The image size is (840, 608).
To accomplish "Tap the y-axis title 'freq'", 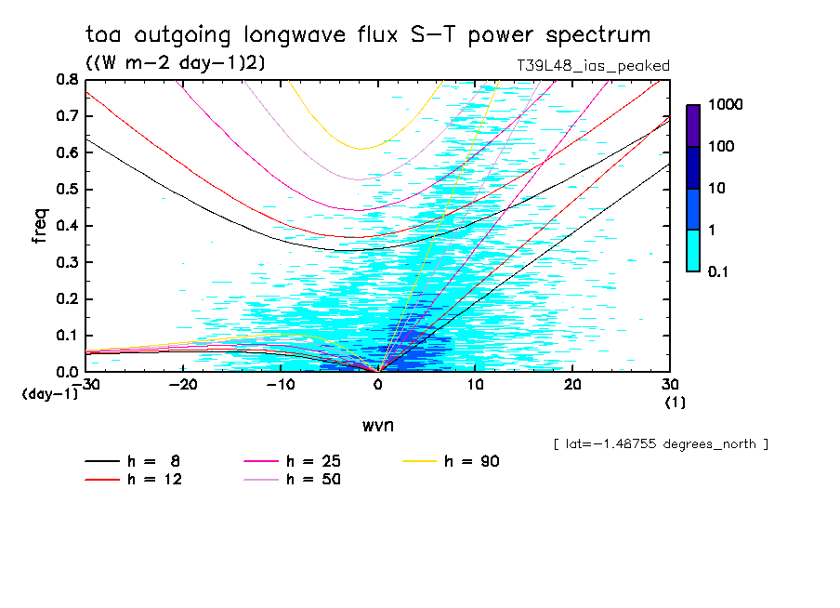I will (x=40, y=226).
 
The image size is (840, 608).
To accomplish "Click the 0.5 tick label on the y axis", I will (x=67, y=190).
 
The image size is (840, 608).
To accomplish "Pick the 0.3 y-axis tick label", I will (x=67, y=262).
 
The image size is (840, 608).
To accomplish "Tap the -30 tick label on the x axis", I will (x=85, y=383).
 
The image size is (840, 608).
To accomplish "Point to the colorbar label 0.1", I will (x=723, y=271).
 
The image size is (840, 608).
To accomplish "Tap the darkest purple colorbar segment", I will (x=693, y=126).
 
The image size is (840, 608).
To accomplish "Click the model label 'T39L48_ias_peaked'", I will (x=593, y=65).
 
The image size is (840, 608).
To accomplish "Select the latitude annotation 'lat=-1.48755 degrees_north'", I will (x=660, y=443).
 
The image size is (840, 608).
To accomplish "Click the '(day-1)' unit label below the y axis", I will (x=49, y=393).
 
